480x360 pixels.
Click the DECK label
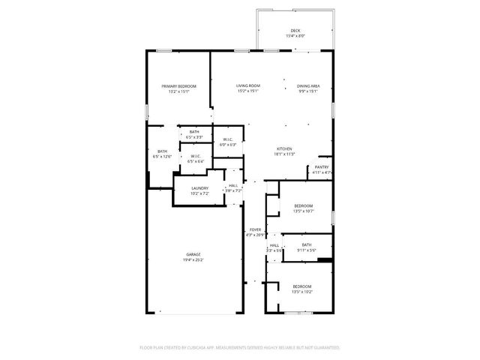tap(295, 31)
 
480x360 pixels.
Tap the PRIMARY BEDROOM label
tap(179, 86)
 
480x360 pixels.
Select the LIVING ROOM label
tap(248, 86)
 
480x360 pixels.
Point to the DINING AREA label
tap(308, 86)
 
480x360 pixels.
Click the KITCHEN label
tap(284, 148)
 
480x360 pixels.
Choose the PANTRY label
tap(322, 167)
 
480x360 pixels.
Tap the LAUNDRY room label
tap(199, 188)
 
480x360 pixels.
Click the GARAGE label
tap(193, 255)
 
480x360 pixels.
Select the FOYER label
tap(255, 230)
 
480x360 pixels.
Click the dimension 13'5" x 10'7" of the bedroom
tap(303, 211)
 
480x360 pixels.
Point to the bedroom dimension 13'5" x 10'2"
tap(302, 292)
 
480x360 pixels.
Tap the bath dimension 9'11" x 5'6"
tap(306, 250)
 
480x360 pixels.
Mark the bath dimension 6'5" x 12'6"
tap(162, 157)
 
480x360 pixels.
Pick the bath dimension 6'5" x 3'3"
tap(194, 137)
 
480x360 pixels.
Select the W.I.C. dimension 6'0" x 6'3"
tap(228, 145)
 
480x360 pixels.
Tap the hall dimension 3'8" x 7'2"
tap(233, 190)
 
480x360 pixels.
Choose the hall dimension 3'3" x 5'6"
tap(274, 250)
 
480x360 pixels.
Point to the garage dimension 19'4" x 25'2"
tap(193, 260)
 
